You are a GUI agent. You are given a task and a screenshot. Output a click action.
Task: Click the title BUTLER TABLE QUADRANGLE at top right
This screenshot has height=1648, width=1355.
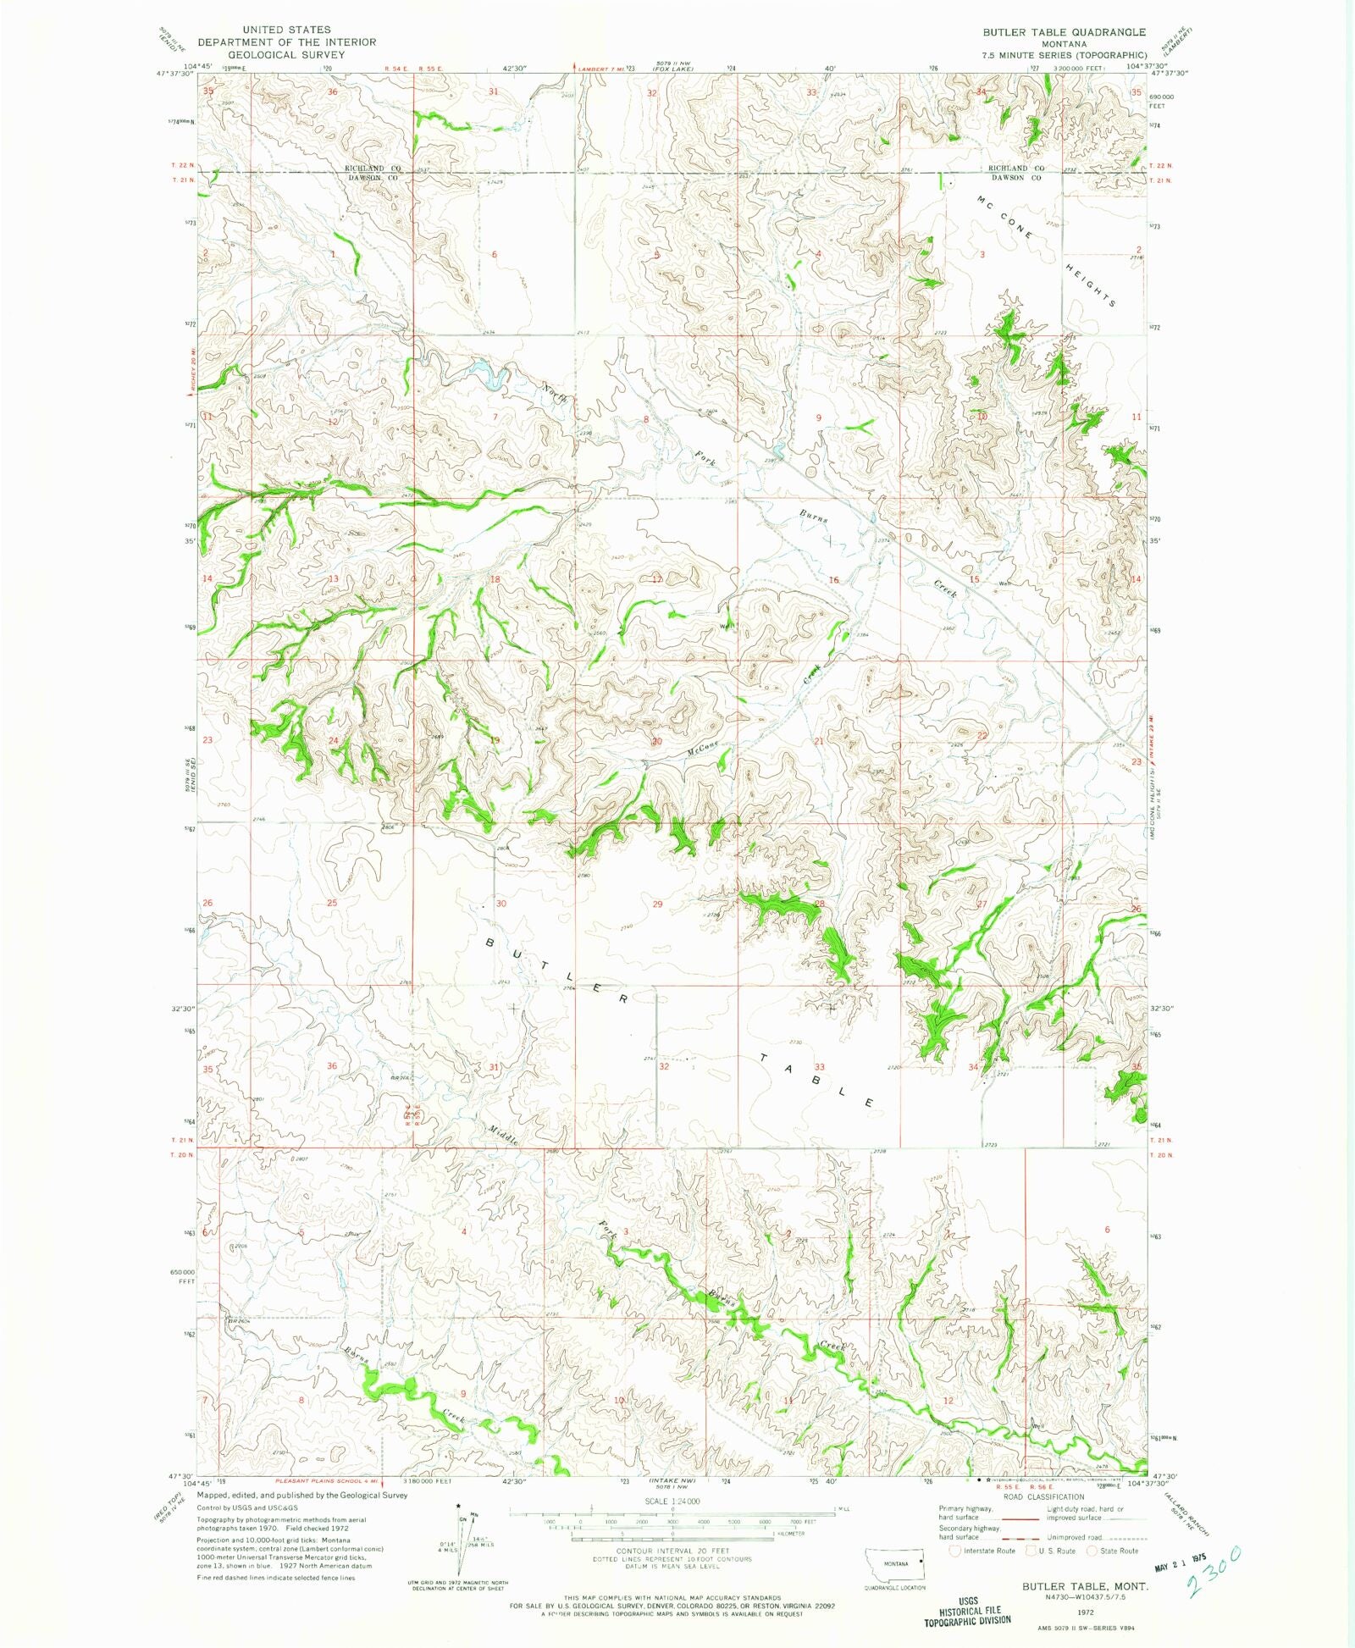[1064, 32]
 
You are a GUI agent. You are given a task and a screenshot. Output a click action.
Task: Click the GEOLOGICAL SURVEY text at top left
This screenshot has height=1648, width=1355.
[286, 54]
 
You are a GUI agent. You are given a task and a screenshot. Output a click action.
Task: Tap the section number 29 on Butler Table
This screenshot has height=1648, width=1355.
[658, 904]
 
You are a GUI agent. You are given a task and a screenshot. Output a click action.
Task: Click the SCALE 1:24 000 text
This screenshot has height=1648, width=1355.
[672, 1501]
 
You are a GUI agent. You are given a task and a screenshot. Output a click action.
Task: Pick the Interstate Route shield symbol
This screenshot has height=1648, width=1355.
[955, 1551]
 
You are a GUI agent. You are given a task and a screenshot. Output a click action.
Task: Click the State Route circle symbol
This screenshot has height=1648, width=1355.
[1093, 1551]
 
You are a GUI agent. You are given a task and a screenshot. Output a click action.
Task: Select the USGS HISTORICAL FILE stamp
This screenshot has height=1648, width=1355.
[968, 1610]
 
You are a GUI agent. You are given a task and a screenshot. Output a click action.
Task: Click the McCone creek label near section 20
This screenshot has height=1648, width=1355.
[703, 747]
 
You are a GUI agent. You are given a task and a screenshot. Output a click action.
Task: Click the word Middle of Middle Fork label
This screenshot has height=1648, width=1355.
[502, 1135]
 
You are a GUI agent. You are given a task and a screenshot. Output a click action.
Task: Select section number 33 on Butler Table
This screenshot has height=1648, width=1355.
[819, 1067]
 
